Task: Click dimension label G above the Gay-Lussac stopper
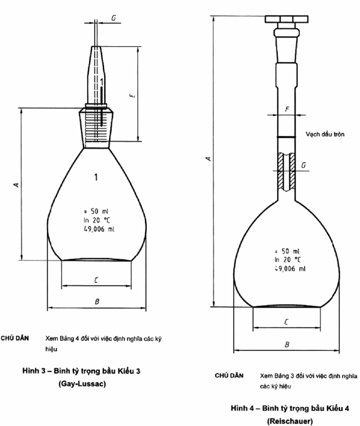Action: pos(114,18)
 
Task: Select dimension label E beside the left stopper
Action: pos(132,95)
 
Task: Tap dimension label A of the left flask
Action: pos(17,185)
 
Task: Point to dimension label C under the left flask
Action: pos(96,280)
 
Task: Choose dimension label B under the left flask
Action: pos(97,301)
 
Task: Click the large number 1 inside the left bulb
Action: pos(96,177)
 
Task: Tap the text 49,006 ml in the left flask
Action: pos(99,229)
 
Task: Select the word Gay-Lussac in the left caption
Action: pos(82,384)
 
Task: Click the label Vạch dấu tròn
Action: pos(325,134)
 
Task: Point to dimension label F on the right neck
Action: pos(287,109)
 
